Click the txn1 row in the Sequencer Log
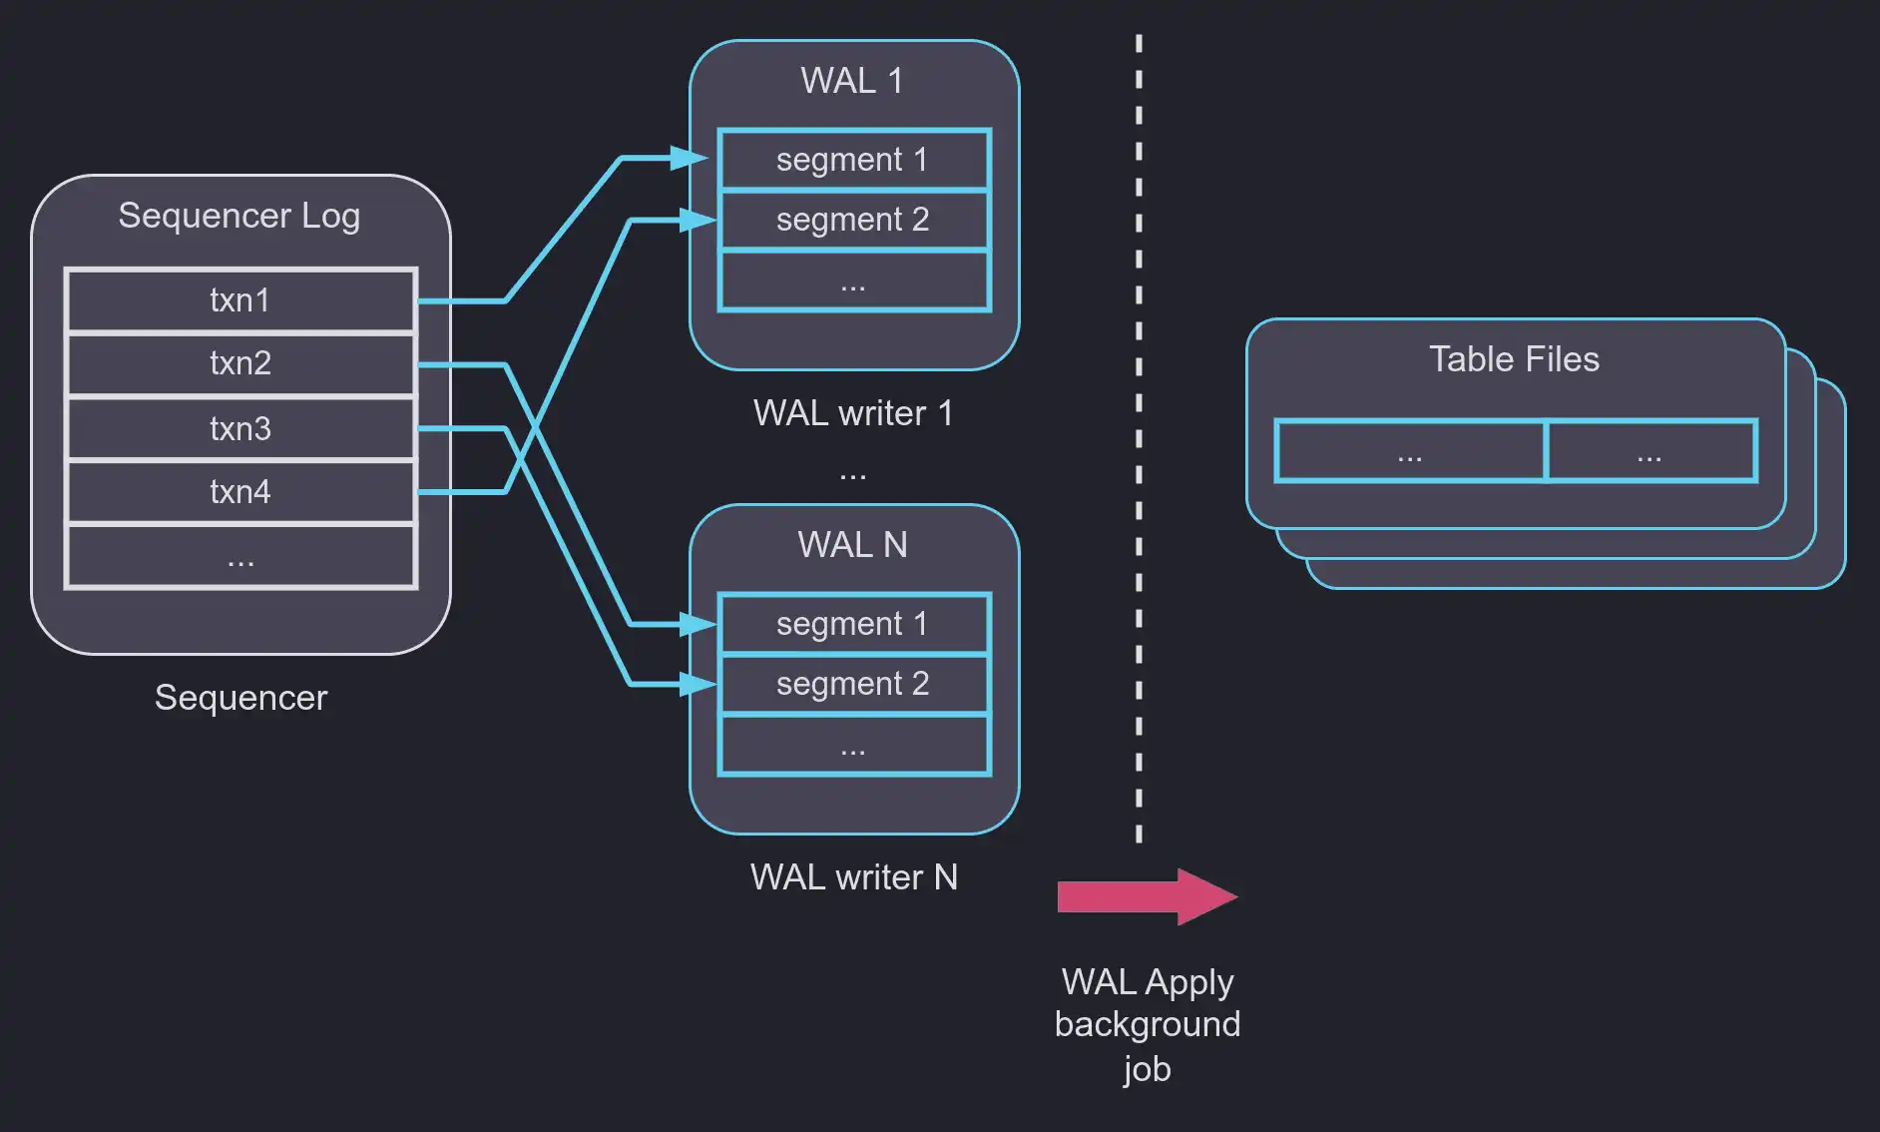pyautogui.click(x=239, y=299)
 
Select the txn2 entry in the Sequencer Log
pyautogui.click(x=239, y=363)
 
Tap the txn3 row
pyautogui.click(x=239, y=428)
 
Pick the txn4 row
pyautogui.click(x=239, y=491)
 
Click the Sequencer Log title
pyautogui.click(x=238, y=216)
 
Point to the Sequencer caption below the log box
pyautogui.click(x=240, y=698)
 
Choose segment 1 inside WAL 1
pyautogui.click(x=853, y=160)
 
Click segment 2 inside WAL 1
pyautogui.click(x=853, y=220)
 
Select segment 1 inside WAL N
pyautogui.click(x=853, y=624)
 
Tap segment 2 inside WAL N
pyautogui.click(x=853, y=684)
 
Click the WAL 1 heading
pyautogui.click(x=851, y=81)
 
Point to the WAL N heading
pyautogui.click(x=852, y=545)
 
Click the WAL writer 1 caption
pyautogui.click(x=853, y=413)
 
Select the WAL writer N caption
pyautogui.click(x=853, y=877)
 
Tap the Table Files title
pyautogui.click(x=1514, y=359)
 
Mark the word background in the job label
pyautogui.click(x=1148, y=1025)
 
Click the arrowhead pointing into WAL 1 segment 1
pyautogui.click(x=692, y=158)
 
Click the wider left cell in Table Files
pyautogui.click(x=1410, y=451)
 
